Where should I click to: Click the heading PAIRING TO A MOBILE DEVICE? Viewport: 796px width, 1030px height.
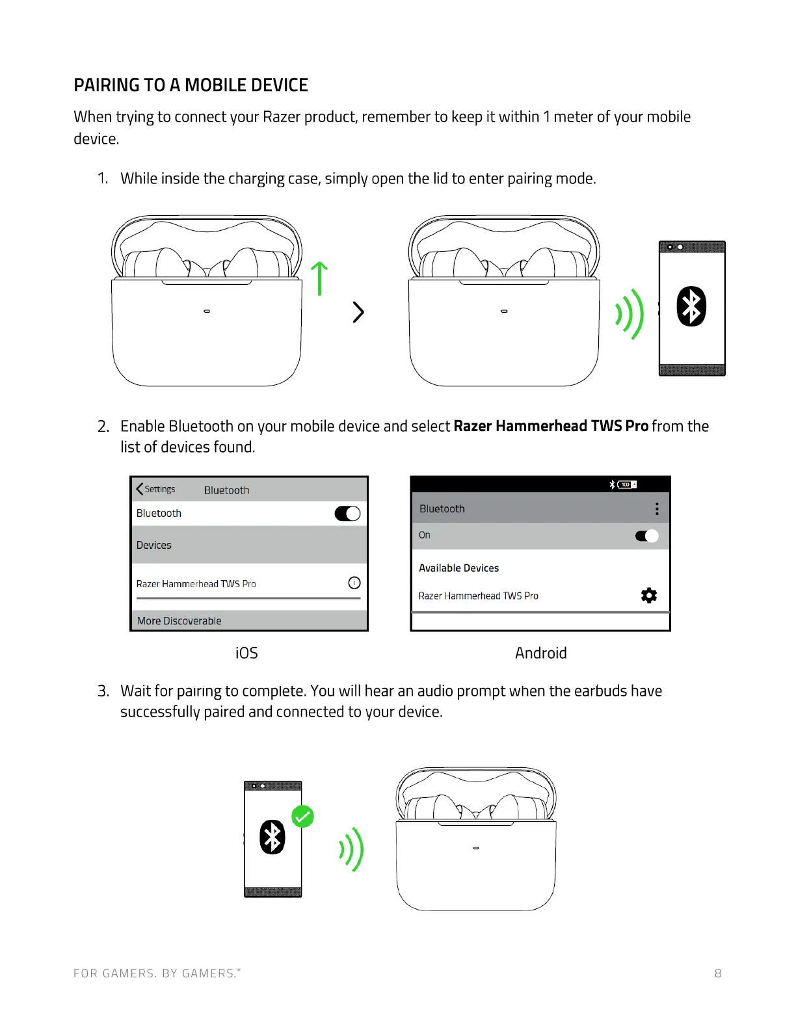click(191, 85)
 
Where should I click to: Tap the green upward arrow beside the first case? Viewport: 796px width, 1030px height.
click(319, 278)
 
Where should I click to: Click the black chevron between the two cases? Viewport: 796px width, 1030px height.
click(358, 312)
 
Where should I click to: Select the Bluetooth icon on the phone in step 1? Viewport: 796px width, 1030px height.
click(691, 306)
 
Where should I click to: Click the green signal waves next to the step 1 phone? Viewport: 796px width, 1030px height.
click(630, 314)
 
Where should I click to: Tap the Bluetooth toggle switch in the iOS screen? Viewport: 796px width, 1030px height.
click(347, 514)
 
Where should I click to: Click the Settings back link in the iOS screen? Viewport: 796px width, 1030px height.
click(156, 489)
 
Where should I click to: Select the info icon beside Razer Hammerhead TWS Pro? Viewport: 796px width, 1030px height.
click(354, 583)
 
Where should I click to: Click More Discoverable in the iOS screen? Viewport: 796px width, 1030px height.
click(179, 621)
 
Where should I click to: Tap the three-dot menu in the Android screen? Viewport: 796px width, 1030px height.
click(657, 508)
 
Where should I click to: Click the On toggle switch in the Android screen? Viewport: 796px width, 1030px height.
click(646, 536)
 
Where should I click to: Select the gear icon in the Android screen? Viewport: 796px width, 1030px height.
click(648, 595)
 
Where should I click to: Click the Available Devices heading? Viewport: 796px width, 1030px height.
click(458, 568)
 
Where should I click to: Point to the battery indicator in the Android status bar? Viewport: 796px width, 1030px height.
click(627, 484)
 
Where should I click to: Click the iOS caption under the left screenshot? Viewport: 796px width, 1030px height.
click(246, 653)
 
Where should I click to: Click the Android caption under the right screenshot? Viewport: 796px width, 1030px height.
click(540, 653)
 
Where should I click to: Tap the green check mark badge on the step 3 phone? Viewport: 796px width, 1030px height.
click(302, 816)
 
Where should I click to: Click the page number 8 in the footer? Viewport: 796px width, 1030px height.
click(718, 973)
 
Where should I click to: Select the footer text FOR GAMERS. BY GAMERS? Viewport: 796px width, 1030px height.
click(156, 973)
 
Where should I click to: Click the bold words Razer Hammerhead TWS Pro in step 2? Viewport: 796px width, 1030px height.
click(551, 426)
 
